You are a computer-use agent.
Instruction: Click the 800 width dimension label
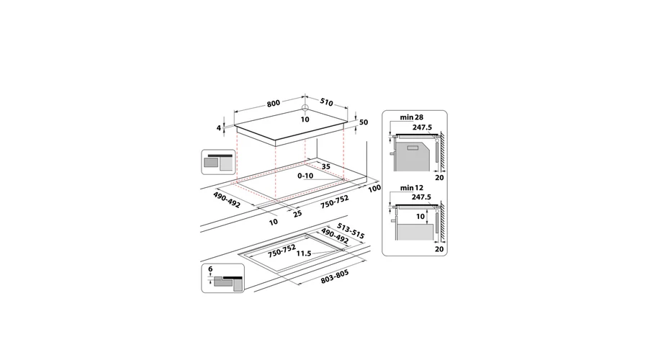[x=273, y=103]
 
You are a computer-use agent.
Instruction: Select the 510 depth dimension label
[x=326, y=102]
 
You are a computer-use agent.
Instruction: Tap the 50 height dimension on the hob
[x=364, y=122]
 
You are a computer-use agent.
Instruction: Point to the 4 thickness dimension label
[x=219, y=128]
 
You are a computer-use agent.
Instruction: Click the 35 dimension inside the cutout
[x=326, y=166]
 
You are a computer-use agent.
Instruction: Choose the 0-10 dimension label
[x=305, y=176]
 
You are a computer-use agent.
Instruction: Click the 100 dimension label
[x=374, y=189]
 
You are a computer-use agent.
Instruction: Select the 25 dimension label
[x=297, y=213]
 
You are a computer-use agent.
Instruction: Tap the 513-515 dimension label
[x=351, y=231]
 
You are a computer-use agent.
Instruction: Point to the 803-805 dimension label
[x=335, y=277]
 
